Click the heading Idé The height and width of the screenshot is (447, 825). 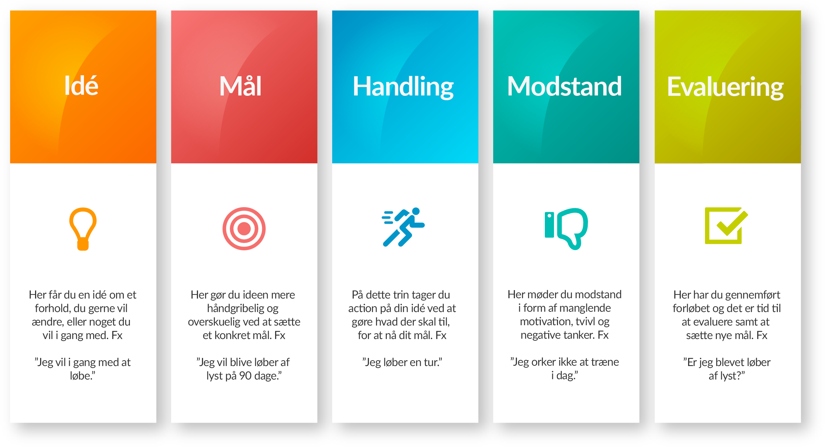[x=81, y=86]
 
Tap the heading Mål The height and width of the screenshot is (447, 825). [x=240, y=87]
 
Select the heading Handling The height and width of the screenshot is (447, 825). [x=403, y=87]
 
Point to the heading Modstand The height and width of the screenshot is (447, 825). [x=564, y=87]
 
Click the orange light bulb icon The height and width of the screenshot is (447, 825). [x=83, y=229]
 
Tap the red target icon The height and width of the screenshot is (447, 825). [x=244, y=229]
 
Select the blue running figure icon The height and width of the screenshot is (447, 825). [x=403, y=227]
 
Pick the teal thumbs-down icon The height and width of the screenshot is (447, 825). [x=566, y=228]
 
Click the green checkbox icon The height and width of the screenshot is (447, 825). [x=726, y=225]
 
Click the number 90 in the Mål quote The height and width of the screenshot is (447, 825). [x=245, y=376]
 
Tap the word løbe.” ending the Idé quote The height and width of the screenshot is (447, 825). [x=83, y=376]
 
